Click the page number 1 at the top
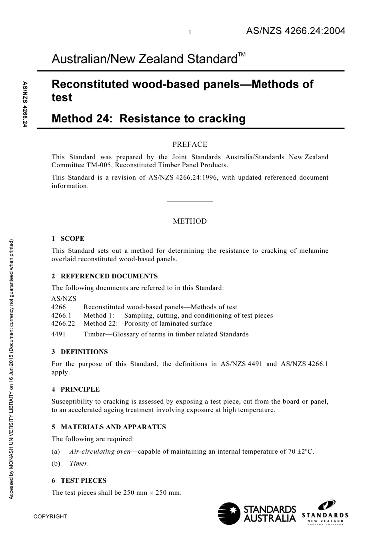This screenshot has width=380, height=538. coord(190,32)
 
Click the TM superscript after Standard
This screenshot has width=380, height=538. coord(242,54)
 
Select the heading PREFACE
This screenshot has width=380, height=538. coord(190,144)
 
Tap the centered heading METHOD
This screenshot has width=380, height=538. coord(190,221)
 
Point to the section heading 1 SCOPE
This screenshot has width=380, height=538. coord(68,239)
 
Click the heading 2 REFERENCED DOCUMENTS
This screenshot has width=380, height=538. coord(104,276)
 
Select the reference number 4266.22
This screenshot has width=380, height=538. coord(63,324)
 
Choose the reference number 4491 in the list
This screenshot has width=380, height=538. coord(58,334)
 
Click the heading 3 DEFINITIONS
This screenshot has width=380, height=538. coord(80,352)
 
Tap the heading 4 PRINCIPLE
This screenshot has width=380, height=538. coord(76,389)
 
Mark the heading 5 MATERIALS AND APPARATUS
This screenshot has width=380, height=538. coord(108,427)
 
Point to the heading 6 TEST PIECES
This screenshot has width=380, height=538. coord(79,481)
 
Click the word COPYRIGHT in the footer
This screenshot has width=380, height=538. coord(50,516)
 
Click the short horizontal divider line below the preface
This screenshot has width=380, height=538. coord(190,202)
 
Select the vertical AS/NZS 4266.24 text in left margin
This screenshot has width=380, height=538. coord(25,104)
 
